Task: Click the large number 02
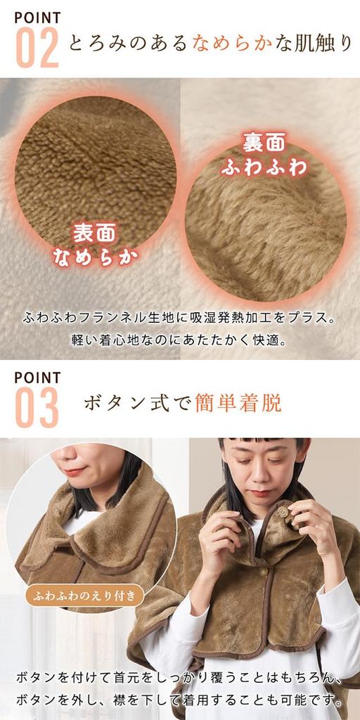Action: pos(37,47)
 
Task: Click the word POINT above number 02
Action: pos(37,17)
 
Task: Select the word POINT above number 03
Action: pos(37,378)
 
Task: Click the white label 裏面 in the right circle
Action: pos(264,143)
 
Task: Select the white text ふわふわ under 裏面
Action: pos(264,167)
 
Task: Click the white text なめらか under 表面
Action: pos(95,257)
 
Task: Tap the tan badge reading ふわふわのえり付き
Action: pos(85,597)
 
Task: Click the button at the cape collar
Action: pos(283,513)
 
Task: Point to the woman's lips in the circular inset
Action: pos(76,470)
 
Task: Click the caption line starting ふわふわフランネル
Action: pos(180,317)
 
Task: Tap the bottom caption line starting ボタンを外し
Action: pos(180,701)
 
